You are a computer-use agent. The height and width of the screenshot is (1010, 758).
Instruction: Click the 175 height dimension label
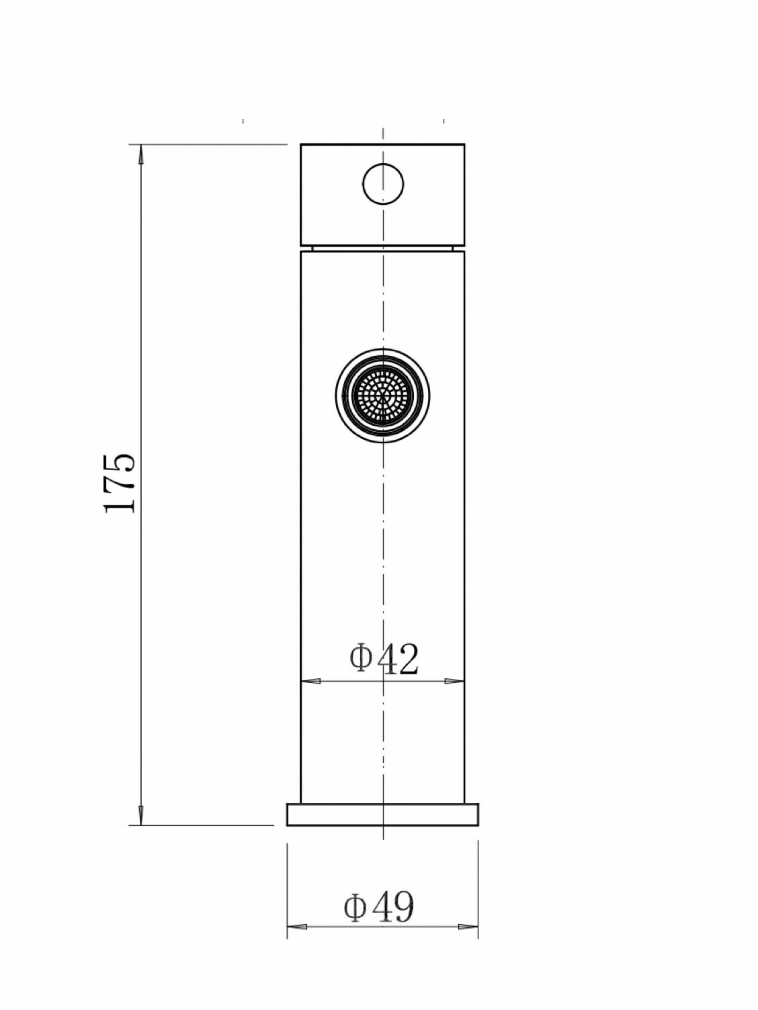point(120,484)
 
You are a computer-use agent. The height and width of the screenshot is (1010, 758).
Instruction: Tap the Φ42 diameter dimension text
point(384,659)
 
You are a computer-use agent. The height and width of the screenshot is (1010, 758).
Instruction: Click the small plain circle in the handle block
point(383,183)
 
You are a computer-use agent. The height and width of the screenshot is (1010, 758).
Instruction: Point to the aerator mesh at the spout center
point(382,396)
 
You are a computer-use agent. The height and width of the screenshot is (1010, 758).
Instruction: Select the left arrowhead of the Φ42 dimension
point(310,681)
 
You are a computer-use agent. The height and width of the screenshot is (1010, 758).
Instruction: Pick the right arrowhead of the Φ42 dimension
point(455,681)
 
